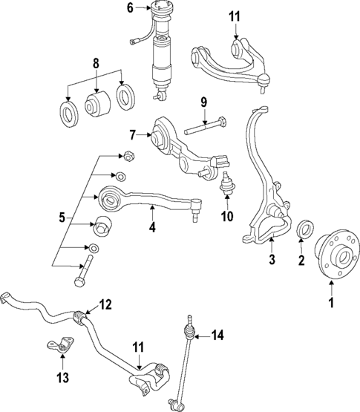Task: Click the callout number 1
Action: [x=331, y=302]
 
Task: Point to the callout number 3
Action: [x=272, y=259]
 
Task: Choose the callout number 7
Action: [x=133, y=136]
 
